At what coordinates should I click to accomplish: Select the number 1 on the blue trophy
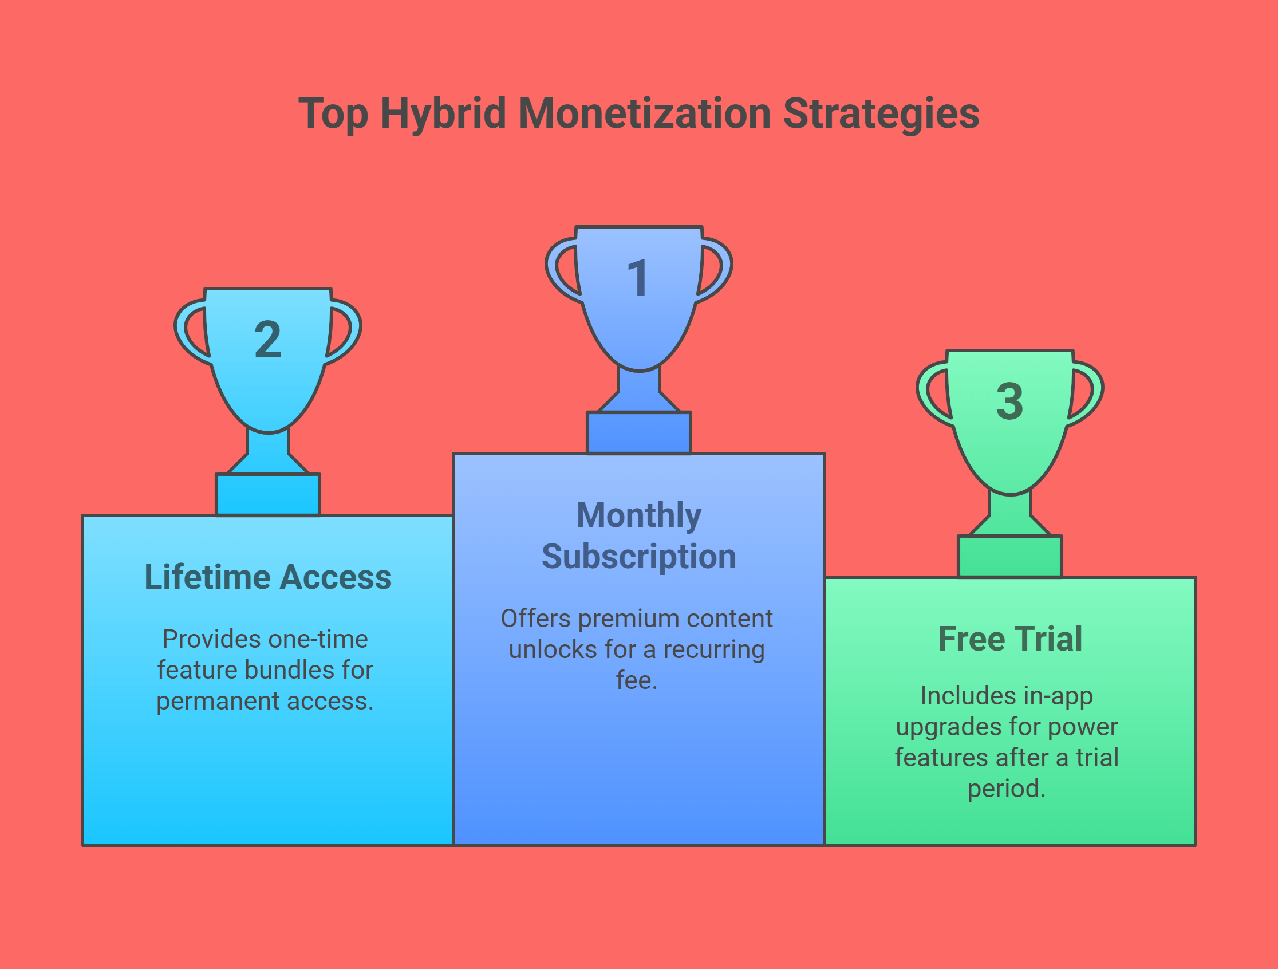coord(638,278)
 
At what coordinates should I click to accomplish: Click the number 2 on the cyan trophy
coord(267,339)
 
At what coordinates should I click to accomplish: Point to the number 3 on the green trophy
coord(1009,401)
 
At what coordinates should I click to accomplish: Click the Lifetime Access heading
coord(268,577)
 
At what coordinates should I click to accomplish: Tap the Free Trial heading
coord(1010,639)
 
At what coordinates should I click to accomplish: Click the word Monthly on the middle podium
coord(639,516)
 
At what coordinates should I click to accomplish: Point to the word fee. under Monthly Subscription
coord(637,680)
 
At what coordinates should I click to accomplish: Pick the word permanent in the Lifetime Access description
coord(218,702)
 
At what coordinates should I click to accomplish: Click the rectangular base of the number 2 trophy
coord(268,495)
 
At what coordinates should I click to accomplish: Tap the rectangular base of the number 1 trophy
coord(639,433)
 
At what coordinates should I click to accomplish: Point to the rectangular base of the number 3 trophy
coord(1010,557)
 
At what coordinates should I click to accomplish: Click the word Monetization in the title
coord(645,114)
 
